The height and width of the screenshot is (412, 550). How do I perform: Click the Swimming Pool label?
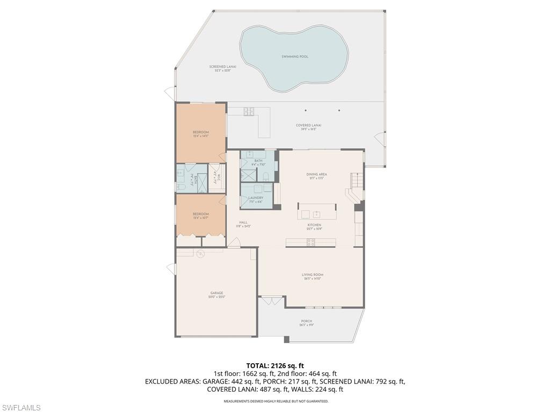point(295,56)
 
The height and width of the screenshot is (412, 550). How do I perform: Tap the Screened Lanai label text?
point(222,68)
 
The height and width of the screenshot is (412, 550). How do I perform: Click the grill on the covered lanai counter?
point(249,112)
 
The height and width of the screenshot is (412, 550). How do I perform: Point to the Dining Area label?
point(316,175)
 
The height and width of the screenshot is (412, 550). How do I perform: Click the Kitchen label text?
point(314,226)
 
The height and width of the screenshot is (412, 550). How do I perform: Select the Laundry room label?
point(256,199)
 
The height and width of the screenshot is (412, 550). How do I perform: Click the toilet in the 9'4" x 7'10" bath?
point(266,177)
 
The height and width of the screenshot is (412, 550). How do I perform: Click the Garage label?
point(216,295)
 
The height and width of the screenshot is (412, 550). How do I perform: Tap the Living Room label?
point(312,276)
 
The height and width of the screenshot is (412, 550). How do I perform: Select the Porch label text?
point(306,322)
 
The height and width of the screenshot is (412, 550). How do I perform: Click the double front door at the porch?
point(272,301)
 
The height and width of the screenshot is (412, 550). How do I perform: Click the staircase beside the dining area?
point(357,183)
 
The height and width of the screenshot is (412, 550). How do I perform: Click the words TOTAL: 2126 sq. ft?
point(275,366)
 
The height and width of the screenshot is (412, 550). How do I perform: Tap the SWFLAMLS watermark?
point(21,408)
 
